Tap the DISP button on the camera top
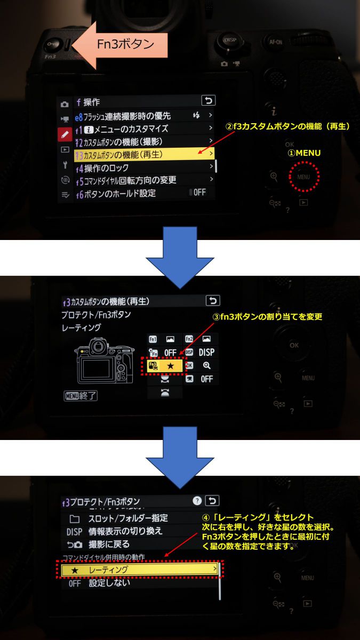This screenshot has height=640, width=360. tap(230, 42)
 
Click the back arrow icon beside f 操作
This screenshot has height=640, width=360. tap(208, 100)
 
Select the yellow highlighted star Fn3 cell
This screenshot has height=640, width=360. tap(164, 365)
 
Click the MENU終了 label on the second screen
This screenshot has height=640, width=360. tap(79, 396)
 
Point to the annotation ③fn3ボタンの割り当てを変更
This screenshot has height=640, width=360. tap(267, 317)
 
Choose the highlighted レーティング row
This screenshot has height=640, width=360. tap(140, 570)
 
